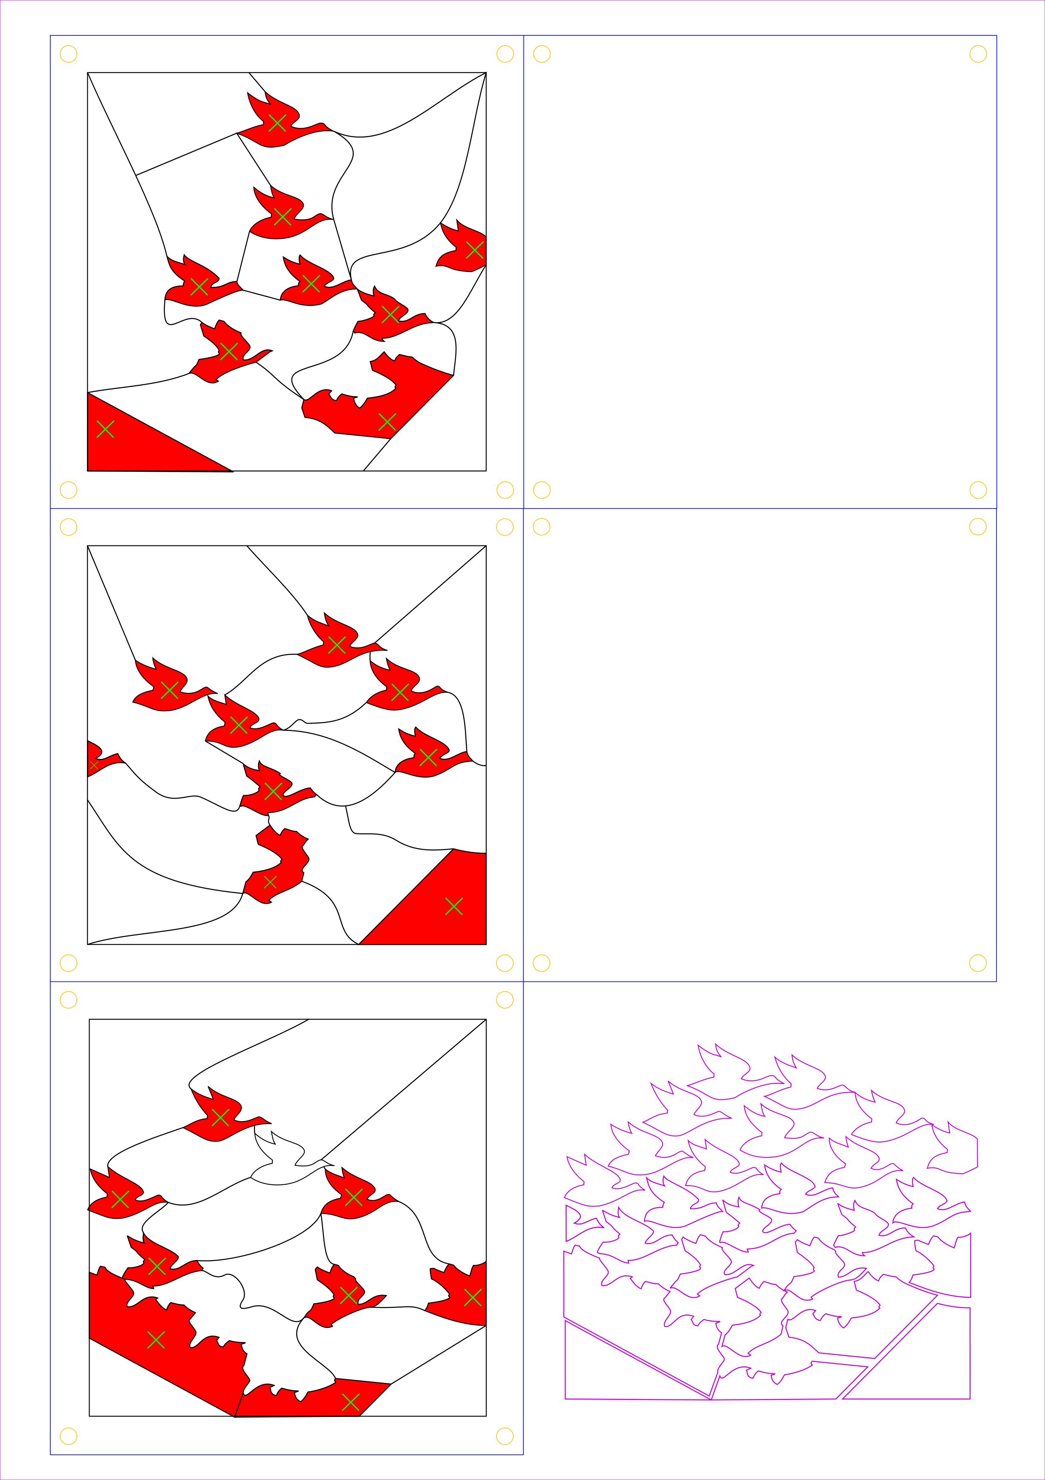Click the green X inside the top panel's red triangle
click(x=105, y=429)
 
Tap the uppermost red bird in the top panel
click(x=277, y=122)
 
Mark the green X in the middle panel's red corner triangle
click(x=454, y=906)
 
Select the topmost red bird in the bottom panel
click(x=220, y=1117)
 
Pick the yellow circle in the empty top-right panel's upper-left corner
click(x=542, y=54)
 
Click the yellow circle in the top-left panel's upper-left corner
click(x=68, y=54)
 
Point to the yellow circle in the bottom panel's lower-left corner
click(x=68, y=1436)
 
